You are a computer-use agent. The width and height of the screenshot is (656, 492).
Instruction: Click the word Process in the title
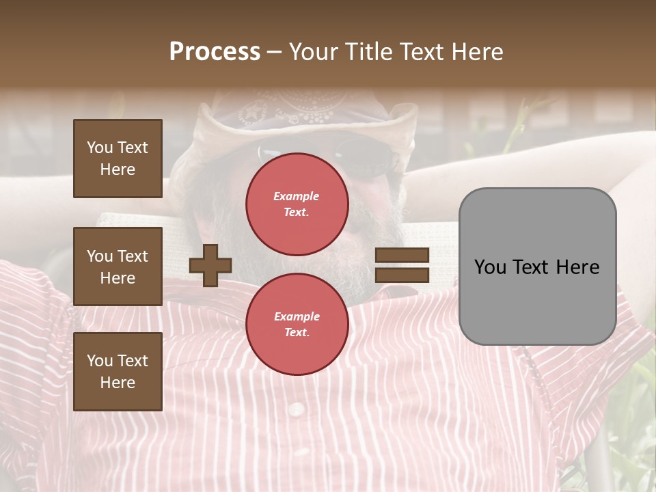(215, 52)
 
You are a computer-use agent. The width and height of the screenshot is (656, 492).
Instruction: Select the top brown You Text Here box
(118, 159)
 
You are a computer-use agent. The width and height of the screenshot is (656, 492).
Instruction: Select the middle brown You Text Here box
(118, 266)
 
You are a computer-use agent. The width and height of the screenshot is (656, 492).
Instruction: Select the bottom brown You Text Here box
(118, 372)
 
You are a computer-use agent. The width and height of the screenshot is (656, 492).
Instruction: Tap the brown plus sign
(210, 265)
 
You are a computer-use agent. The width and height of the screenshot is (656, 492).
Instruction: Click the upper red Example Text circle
(297, 204)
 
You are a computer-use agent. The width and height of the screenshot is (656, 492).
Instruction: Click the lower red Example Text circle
(297, 324)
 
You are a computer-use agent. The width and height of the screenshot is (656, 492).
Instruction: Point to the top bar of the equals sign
(402, 256)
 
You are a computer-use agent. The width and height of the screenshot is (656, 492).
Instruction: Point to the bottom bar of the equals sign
(402, 275)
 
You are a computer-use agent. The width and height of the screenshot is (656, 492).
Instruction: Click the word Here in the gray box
(577, 267)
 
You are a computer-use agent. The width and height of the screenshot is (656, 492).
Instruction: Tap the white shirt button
(296, 409)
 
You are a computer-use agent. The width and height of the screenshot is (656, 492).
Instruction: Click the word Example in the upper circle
(297, 196)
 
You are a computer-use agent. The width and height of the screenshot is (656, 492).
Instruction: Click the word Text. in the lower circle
(297, 332)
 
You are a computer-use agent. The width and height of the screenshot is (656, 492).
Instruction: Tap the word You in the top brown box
(100, 148)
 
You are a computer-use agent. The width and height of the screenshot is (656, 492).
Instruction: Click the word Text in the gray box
(533, 267)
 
